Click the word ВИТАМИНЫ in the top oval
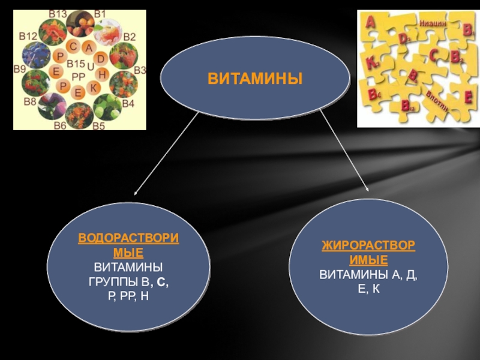coord(255,79)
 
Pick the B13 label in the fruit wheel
coord(58,14)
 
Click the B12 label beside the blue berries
coord(27,36)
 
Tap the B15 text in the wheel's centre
coord(77,64)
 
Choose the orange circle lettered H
coord(102,74)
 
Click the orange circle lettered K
coord(93,88)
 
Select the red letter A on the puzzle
coord(371,22)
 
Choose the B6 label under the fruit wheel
coord(59,125)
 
